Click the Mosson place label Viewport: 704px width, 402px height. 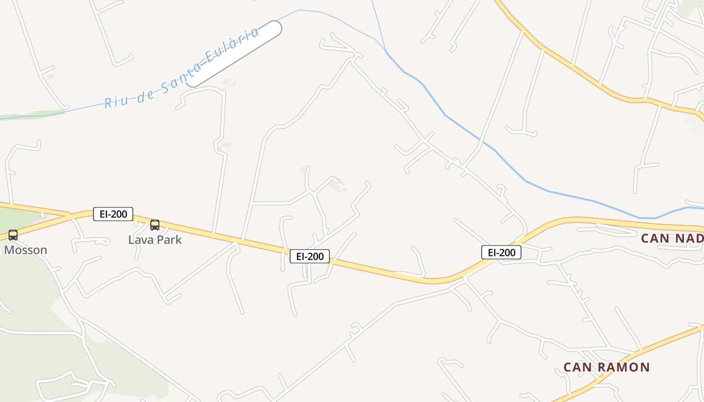pos(26,250)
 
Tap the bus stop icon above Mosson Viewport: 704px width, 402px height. pos(13,235)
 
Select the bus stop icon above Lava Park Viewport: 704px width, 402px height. pos(155,225)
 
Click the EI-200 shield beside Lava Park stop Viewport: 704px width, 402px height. pos(113,214)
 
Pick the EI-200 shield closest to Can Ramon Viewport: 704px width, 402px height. pos(501,252)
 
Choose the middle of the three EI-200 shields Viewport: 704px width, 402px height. pos(310,256)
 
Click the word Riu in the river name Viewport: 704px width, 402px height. pos(116,100)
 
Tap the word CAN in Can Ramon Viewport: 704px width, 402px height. pos(577,367)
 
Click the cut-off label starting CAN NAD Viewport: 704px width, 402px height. pos(672,238)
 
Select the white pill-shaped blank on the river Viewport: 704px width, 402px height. pos(234,54)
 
